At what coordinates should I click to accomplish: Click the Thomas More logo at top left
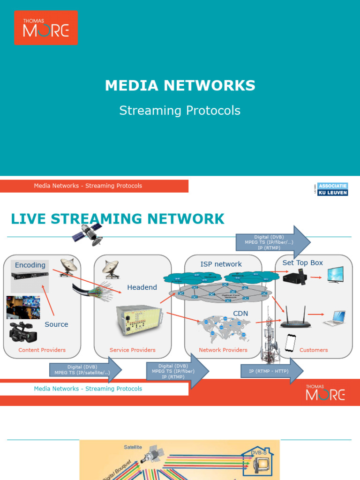click(x=45, y=28)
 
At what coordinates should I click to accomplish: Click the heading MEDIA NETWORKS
click(x=180, y=85)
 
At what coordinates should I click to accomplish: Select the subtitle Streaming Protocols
click(x=180, y=111)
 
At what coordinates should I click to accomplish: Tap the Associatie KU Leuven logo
click(x=332, y=189)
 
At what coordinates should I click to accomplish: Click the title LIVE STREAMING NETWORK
click(x=118, y=218)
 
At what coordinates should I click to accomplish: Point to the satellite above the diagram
click(x=88, y=233)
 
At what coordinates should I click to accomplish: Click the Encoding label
click(x=30, y=265)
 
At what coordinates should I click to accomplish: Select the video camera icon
click(x=22, y=332)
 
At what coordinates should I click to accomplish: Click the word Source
click(x=56, y=324)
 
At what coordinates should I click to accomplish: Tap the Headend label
click(x=142, y=287)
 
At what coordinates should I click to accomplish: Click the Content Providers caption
click(x=42, y=350)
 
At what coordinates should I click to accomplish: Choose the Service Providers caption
click(x=132, y=350)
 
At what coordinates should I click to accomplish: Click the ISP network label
click(x=221, y=264)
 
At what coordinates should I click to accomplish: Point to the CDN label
click(x=240, y=313)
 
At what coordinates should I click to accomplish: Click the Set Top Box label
click(x=303, y=263)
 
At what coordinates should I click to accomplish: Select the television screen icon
click(x=335, y=275)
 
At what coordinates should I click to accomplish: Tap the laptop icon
click(x=334, y=318)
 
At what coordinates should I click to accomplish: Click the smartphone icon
click(x=291, y=343)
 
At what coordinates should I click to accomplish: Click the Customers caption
click(x=314, y=350)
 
